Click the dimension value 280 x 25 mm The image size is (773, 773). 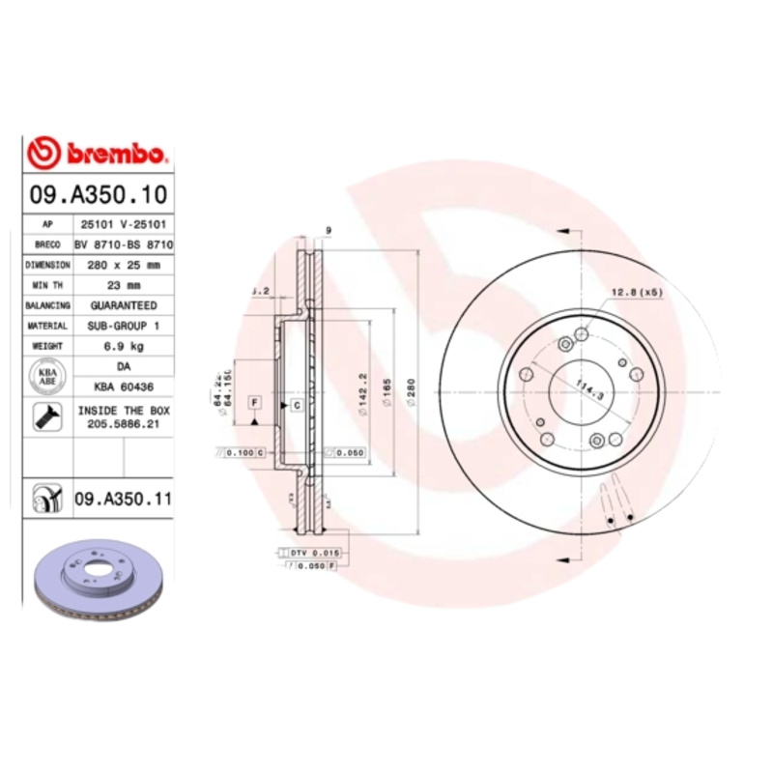(x=123, y=264)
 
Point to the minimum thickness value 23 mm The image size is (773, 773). (x=123, y=285)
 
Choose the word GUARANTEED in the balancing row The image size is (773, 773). (x=123, y=305)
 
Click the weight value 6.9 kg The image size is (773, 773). (x=123, y=345)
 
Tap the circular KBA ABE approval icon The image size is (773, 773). (x=46, y=377)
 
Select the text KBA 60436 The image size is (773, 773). (x=123, y=386)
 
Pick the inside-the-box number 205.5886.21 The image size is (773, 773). (x=123, y=424)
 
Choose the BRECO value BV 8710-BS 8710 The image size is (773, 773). (x=123, y=244)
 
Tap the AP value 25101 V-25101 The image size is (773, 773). (x=123, y=223)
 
